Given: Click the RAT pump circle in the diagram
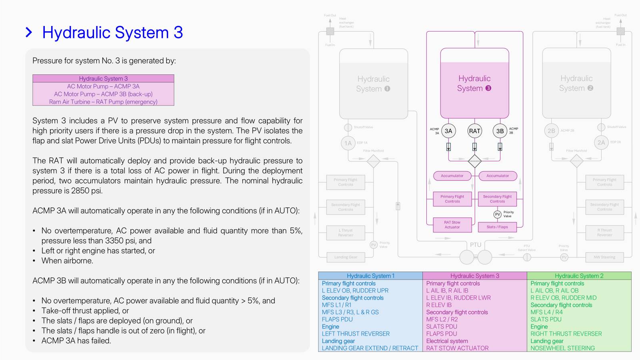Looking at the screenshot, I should tap(474, 131).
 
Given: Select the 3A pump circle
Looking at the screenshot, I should tap(448, 131).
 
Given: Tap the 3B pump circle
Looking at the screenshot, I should tap(500, 131).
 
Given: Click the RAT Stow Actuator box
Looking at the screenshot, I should tap(452, 225).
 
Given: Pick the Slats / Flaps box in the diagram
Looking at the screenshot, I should tap(497, 227).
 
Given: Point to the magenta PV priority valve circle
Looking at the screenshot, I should tap(497, 214).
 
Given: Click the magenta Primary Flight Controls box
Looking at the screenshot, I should tap(452, 199).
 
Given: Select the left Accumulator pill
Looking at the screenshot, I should tap(452, 176).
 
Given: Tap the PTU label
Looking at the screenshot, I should tap(476, 245).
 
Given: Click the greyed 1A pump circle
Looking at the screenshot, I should tap(348, 143).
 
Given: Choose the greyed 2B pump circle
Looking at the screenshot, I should tap(551, 131).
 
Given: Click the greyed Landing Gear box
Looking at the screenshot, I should tap(346, 257).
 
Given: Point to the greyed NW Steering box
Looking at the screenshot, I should tap(604, 257).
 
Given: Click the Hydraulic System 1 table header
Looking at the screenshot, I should tap(370, 276).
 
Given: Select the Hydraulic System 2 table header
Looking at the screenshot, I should tap(579, 276).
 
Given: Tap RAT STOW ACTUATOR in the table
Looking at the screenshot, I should tap(457, 348).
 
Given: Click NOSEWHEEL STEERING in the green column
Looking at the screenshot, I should tap(562, 348).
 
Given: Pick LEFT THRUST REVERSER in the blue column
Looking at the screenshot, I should tap(356, 334).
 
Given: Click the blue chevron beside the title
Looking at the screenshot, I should tap(29, 32).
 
